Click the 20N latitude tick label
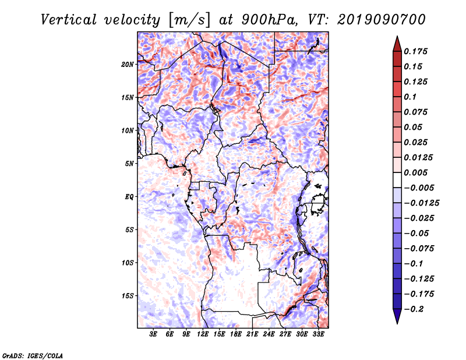pos(127,64)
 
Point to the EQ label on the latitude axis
pos(129,197)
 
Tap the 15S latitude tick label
pos(128,296)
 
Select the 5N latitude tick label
pos(129,164)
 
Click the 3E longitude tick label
pos(153,334)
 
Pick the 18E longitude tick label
pos(236,334)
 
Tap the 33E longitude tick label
pos(318,334)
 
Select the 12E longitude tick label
pos(203,334)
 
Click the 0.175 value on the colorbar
pos(415,51)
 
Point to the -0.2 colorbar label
pos(414,309)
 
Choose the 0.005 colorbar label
pos(415,172)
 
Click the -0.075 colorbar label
pos(419,249)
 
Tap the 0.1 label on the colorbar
pos(410,97)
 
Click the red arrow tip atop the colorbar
pos(397,36)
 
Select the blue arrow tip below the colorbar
pos(397,323)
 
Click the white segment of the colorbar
pos(397,180)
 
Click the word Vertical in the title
pos(69,20)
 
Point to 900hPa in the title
pos(269,20)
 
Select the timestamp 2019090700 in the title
pos(382,20)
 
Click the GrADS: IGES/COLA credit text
pos(33,355)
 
